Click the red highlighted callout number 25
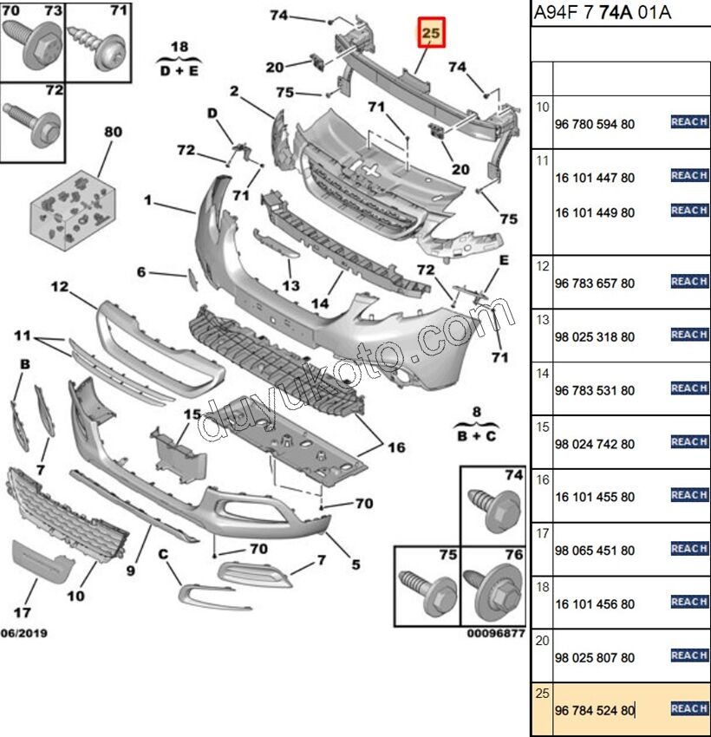(431, 32)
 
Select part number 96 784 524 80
(595, 710)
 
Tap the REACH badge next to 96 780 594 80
(689, 121)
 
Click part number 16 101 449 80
(595, 213)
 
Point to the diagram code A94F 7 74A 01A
(602, 13)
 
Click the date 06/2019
(24, 633)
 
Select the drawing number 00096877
(496, 633)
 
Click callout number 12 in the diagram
(60, 286)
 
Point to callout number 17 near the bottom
(23, 612)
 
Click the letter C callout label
(163, 554)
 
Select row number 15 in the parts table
(542, 427)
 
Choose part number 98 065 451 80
(595, 551)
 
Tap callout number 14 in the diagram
(320, 303)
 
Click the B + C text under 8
(477, 436)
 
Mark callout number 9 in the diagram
(131, 571)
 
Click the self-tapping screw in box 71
(97, 46)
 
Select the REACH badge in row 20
(689, 655)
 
